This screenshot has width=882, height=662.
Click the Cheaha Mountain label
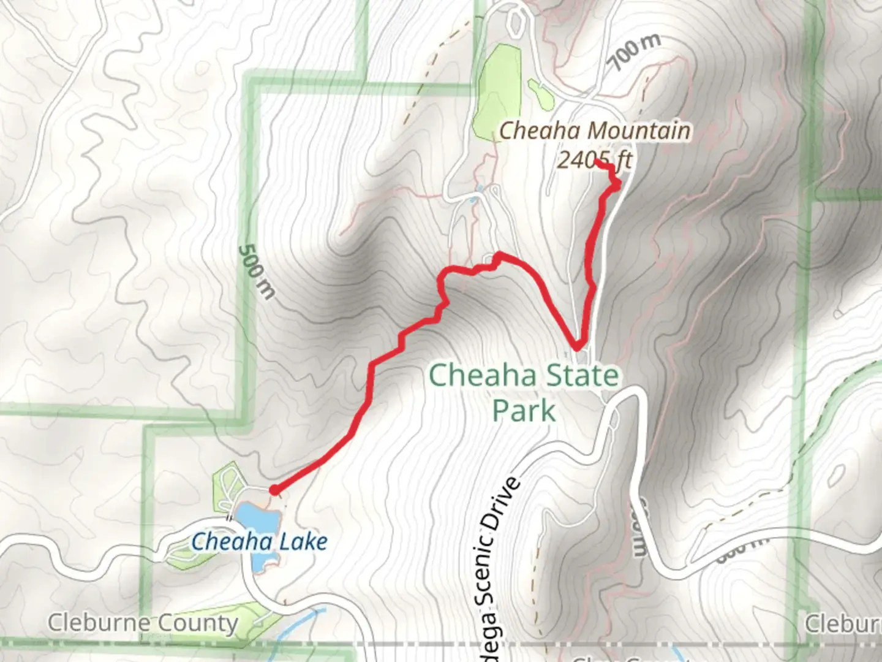pos(595,131)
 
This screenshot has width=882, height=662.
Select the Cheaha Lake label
pos(259,542)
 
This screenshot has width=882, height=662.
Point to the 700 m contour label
pos(635,51)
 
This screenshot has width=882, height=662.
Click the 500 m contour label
pos(256,272)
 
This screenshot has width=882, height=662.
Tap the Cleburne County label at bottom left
pos(143,623)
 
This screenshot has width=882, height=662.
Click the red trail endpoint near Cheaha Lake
pos(274,489)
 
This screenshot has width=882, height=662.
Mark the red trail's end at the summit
pos(596,162)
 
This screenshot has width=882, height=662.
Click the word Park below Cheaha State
pos(524,411)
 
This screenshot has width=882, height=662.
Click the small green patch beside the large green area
pos(538,93)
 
